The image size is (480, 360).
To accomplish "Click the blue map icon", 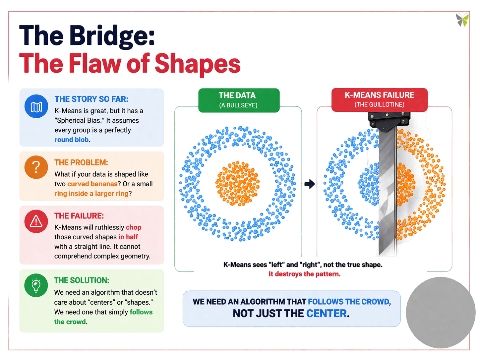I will (x=36, y=107).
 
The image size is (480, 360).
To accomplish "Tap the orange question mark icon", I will (x=36, y=167).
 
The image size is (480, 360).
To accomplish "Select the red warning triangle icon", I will (x=36, y=221).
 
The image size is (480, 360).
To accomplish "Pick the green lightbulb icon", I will (x=36, y=285).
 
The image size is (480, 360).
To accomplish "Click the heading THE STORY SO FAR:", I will (x=91, y=99).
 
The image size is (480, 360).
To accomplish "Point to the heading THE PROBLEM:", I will (x=81, y=162).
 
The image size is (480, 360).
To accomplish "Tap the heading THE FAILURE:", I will (x=79, y=216).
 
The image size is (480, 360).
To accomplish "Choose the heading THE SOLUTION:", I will (x=82, y=280).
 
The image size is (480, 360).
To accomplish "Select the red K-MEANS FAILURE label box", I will (x=380, y=99).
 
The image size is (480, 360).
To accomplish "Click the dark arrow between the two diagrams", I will (x=310, y=184).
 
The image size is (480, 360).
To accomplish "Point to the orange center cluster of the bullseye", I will (x=237, y=183).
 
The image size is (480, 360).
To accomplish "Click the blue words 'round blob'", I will (x=72, y=140).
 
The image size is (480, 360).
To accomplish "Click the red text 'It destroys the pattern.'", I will (x=304, y=274).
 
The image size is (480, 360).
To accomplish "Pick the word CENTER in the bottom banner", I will (x=326, y=313).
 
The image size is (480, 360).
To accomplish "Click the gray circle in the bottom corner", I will (x=441, y=312).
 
